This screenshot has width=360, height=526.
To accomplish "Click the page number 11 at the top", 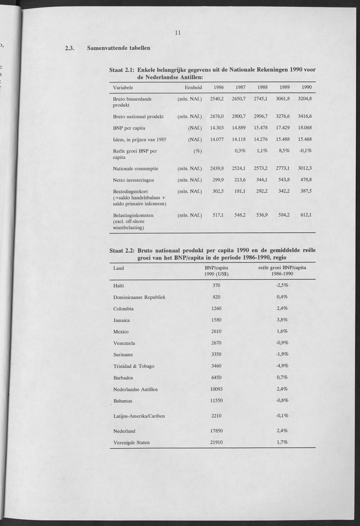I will coord(178,33).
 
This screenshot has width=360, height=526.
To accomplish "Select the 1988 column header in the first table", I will coord(263,87).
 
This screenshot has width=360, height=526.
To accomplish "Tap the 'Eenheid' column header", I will coord(194,87).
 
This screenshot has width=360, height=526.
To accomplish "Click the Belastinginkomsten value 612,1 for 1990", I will coord(307,215).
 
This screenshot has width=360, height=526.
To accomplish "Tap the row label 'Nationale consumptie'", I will coord(135,169).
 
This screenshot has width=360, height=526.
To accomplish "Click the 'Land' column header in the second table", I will coord(118,268).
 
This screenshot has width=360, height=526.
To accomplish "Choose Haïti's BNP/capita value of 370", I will coord(216,285).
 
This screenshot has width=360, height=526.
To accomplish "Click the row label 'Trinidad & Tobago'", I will coord(134,366).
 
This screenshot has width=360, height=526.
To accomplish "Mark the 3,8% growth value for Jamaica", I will coord(282,320).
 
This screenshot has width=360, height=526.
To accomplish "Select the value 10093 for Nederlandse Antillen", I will coord(216,389).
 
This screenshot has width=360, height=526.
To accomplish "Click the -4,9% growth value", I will coord(282,366).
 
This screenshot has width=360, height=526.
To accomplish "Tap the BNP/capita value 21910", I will coord(216,442).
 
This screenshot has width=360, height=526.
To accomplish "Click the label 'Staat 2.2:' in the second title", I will coord(121,250).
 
